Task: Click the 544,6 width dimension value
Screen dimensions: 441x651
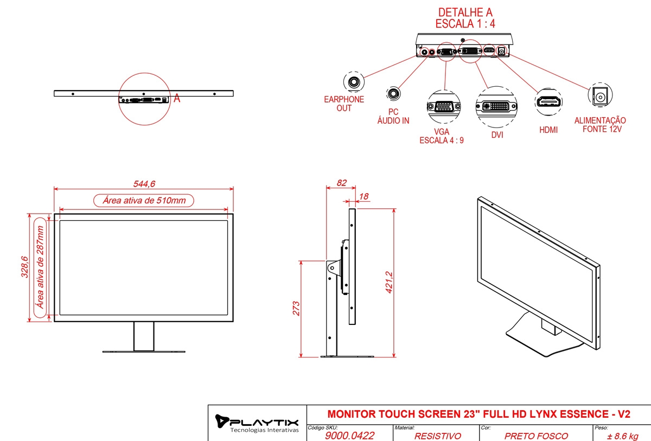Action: tap(143, 184)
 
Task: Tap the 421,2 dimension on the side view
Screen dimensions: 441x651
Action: tap(389, 283)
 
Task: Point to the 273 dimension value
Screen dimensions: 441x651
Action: tap(296, 308)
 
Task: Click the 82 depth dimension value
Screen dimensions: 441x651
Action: tap(341, 183)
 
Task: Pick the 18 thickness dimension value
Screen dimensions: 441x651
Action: tap(363, 196)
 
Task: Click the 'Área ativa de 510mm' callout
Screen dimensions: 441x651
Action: tap(144, 200)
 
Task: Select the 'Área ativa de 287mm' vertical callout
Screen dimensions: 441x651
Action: tap(40, 267)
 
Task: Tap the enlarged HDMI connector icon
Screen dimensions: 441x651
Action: tap(548, 101)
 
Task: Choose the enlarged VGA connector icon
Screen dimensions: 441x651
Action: tap(444, 106)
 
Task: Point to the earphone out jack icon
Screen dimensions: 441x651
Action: tap(354, 83)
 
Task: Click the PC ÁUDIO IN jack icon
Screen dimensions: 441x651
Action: tap(393, 94)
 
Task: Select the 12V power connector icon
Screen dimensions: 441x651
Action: tap(599, 97)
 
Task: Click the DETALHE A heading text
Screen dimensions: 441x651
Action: tap(465, 12)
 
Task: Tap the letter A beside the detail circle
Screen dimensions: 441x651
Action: tap(176, 99)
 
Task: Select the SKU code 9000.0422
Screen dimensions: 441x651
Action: tap(350, 436)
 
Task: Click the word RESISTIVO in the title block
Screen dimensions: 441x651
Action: tap(437, 436)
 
